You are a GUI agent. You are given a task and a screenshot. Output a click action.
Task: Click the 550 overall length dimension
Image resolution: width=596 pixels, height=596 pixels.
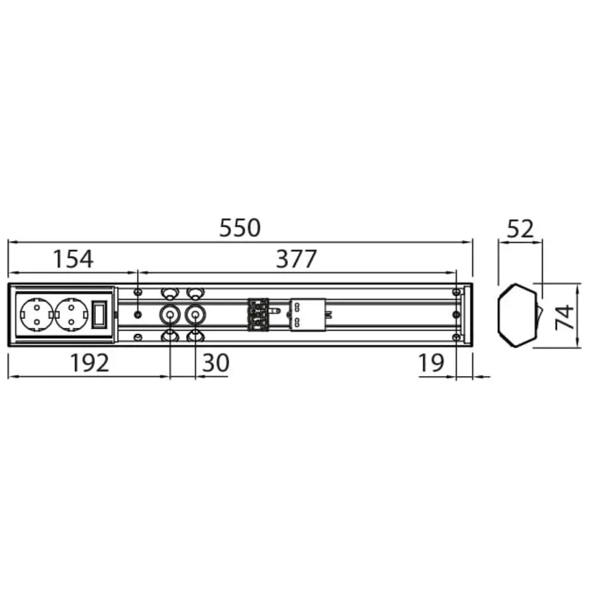[240, 228]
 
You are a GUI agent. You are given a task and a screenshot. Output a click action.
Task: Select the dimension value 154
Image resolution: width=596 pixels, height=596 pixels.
[73, 259]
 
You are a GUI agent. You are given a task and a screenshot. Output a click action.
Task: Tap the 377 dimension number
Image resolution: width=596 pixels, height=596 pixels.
[296, 259]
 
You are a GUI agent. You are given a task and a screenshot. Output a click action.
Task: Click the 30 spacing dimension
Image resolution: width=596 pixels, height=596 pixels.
[216, 363]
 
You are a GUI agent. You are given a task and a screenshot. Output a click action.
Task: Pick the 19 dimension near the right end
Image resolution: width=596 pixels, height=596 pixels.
[431, 363]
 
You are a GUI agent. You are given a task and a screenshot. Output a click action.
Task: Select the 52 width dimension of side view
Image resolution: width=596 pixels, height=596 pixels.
[520, 229]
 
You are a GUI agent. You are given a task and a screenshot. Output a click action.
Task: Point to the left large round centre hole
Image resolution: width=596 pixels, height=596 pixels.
[171, 315]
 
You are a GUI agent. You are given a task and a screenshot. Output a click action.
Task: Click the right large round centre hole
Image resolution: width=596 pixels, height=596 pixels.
[195, 315]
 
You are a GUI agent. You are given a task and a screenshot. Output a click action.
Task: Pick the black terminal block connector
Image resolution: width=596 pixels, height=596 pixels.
[258, 314]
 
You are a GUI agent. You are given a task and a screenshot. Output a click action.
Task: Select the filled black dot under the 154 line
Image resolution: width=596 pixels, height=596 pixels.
[138, 314]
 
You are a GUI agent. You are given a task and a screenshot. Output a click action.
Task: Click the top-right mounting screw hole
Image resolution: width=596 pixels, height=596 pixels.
[456, 293]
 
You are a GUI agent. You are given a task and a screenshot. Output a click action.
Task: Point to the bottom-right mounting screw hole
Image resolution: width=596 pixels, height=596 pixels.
[456, 337]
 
